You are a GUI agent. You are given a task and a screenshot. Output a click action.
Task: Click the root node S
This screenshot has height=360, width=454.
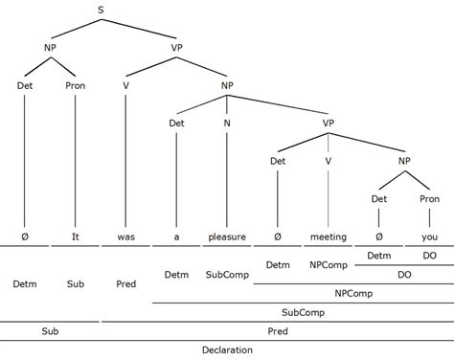tap(101, 11)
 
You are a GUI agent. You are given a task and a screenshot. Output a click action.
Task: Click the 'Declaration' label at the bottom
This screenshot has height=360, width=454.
tap(227, 349)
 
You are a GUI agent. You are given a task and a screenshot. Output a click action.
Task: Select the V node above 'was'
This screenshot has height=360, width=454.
tap(125, 84)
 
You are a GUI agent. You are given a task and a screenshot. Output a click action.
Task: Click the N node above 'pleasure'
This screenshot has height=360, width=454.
tap(227, 123)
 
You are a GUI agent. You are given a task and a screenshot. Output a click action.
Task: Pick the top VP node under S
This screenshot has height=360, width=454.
tap(176, 47)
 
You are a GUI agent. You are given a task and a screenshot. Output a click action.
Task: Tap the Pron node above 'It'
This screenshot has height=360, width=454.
tap(75, 84)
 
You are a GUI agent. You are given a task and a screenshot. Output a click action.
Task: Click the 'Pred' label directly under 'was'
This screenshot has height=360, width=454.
tap(125, 283)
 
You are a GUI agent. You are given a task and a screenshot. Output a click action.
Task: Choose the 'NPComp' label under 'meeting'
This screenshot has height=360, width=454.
tap(328, 263)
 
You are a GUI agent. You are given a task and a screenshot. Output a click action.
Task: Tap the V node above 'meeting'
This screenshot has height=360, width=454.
tap(328, 161)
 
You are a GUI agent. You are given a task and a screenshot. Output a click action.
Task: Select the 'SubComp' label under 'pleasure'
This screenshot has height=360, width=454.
tap(227, 275)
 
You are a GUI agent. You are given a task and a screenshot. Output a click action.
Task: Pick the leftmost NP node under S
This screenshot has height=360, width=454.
tap(50, 47)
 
